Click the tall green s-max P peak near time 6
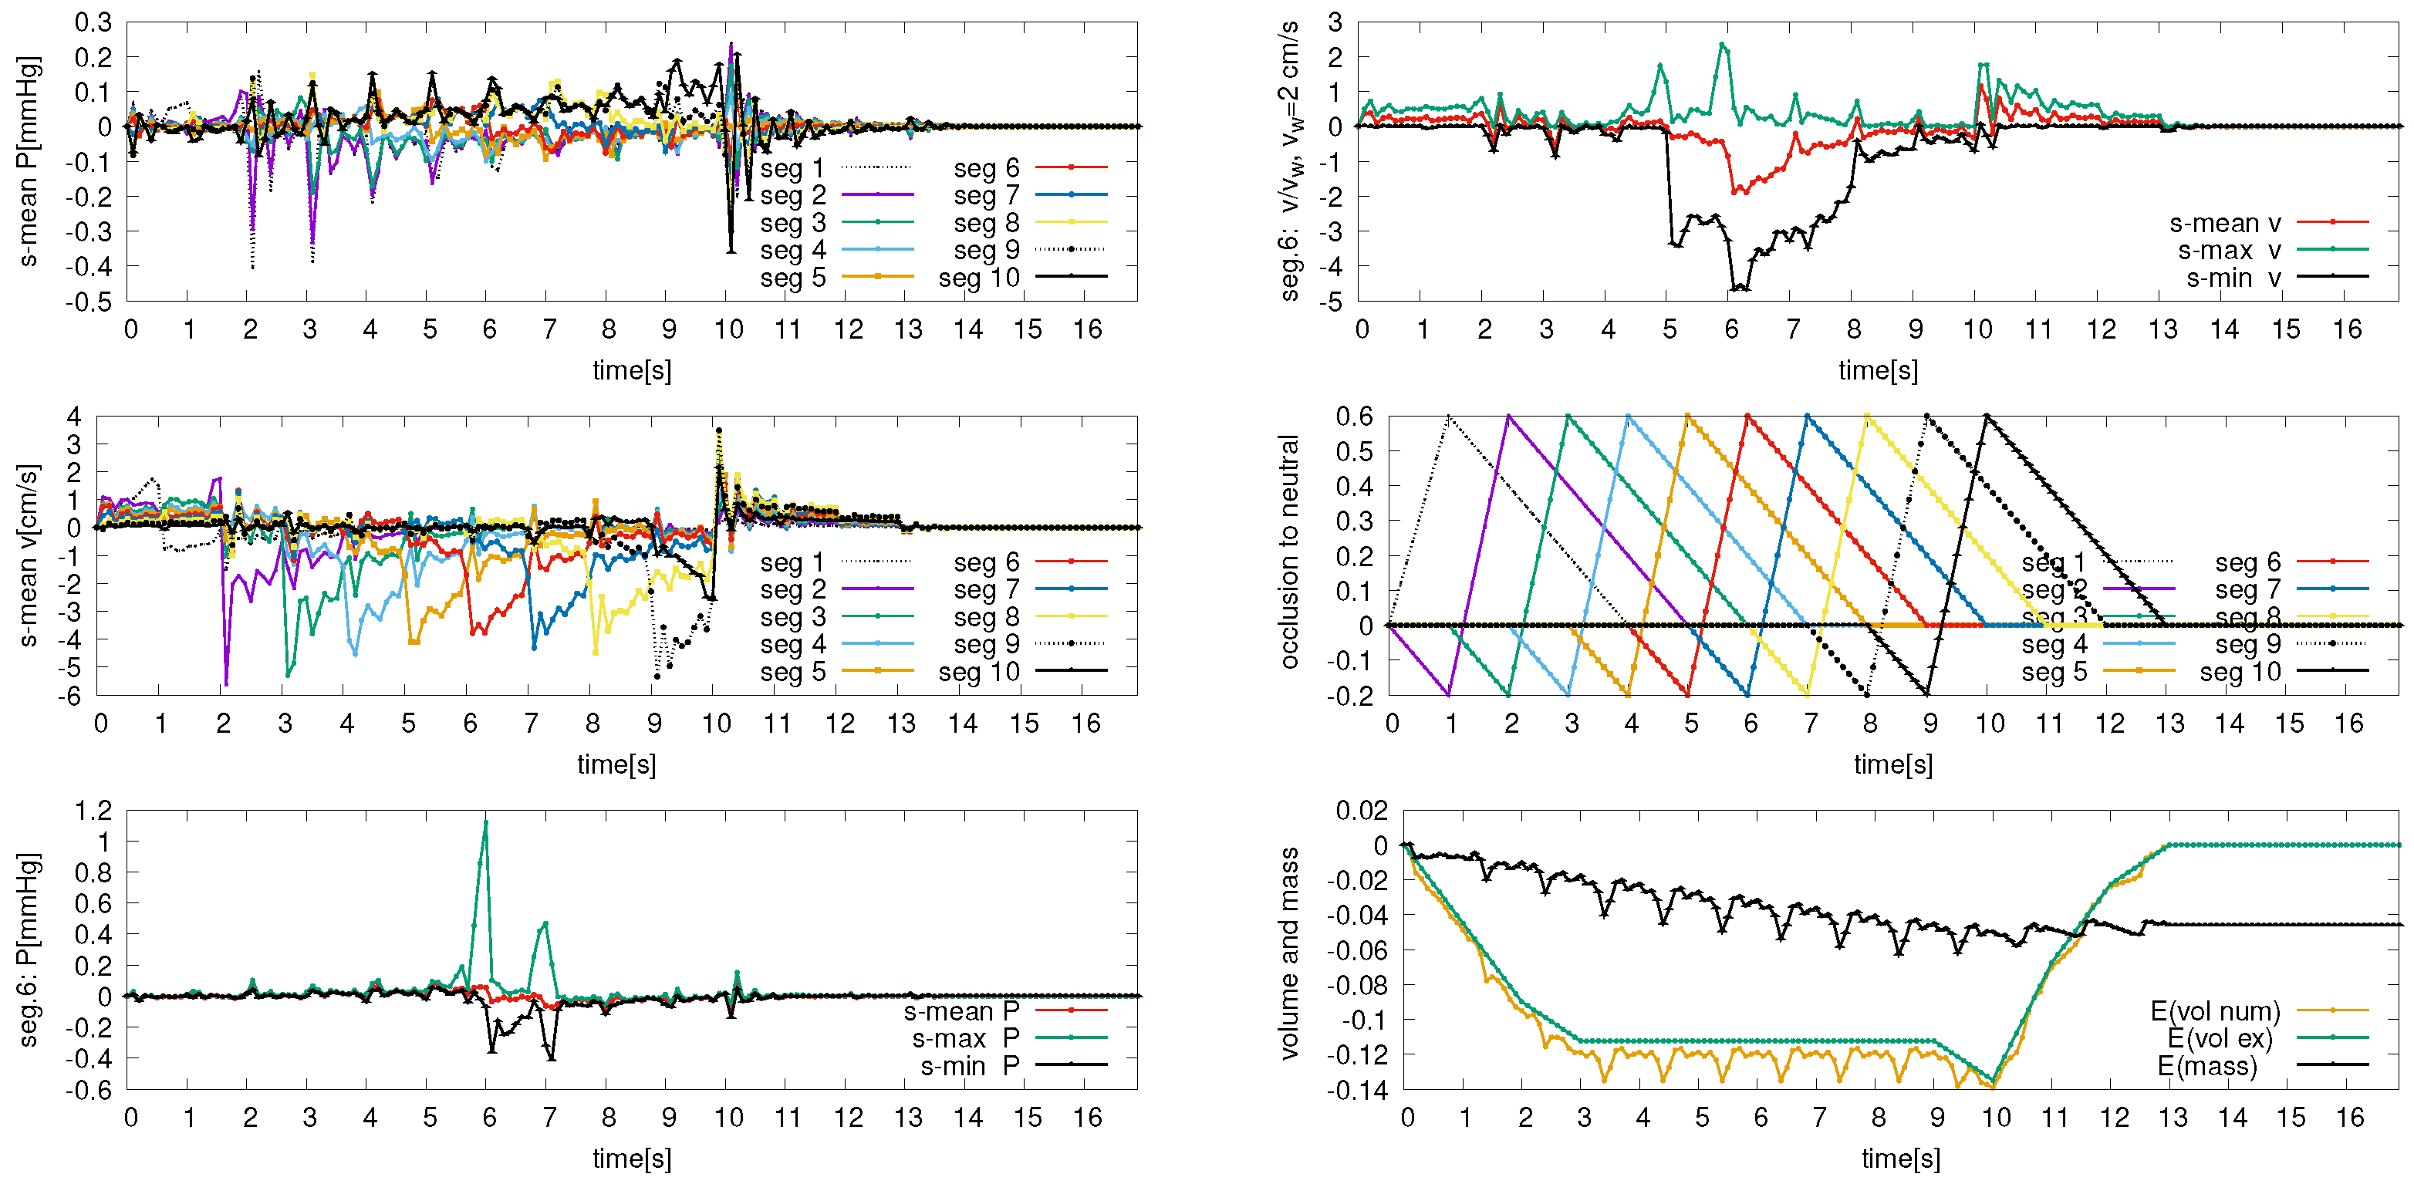coord(485,822)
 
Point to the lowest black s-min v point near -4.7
coord(1737,288)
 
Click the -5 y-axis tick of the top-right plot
coord(1335,302)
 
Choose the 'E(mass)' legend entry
coord(2207,1067)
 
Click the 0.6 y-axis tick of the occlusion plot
coord(1354,416)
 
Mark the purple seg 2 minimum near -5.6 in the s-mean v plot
coord(226,684)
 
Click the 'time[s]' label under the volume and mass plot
coord(1899,1159)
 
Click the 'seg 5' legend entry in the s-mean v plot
coord(793,673)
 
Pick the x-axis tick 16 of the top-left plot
coord(1087,329)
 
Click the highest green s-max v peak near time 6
coord(1723,44)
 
